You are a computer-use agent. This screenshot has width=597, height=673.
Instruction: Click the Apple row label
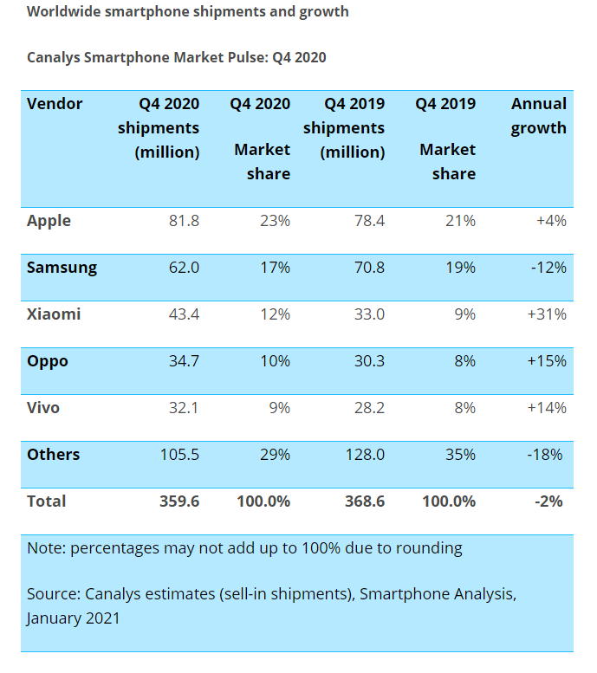[x=49, y=221]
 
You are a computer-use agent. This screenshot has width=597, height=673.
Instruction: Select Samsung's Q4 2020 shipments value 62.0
[x=184, y=268]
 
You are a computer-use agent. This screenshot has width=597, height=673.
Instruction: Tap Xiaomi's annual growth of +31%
[x=547, y=314]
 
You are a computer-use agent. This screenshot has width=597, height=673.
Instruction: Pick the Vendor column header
[x=55, y=104]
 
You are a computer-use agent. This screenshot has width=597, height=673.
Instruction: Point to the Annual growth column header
[x=538, y=116]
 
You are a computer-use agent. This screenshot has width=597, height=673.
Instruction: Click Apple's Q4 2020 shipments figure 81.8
[x=184, y=221]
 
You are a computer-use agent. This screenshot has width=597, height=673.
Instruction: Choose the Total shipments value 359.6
[x=180, y=502]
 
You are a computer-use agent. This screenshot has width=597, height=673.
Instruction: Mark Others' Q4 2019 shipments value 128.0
[x=364, y=455]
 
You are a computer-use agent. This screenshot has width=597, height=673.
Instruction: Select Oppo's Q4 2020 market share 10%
[x=275, y=361]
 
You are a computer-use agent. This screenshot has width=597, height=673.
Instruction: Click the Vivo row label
[x=44, y=408]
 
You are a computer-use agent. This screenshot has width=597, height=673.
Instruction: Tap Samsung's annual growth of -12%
[x=548, y=268]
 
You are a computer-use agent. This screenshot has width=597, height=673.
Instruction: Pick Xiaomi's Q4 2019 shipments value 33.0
[x=367, y=314]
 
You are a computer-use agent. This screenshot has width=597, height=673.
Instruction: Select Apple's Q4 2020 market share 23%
[x=275, y=221]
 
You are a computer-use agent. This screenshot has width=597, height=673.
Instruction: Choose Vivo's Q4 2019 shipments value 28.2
[x=367, y=408]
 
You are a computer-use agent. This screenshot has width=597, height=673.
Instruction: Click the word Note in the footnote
[x=45, y=548]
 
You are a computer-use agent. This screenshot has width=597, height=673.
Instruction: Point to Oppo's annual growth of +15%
[x=547, y=361]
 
